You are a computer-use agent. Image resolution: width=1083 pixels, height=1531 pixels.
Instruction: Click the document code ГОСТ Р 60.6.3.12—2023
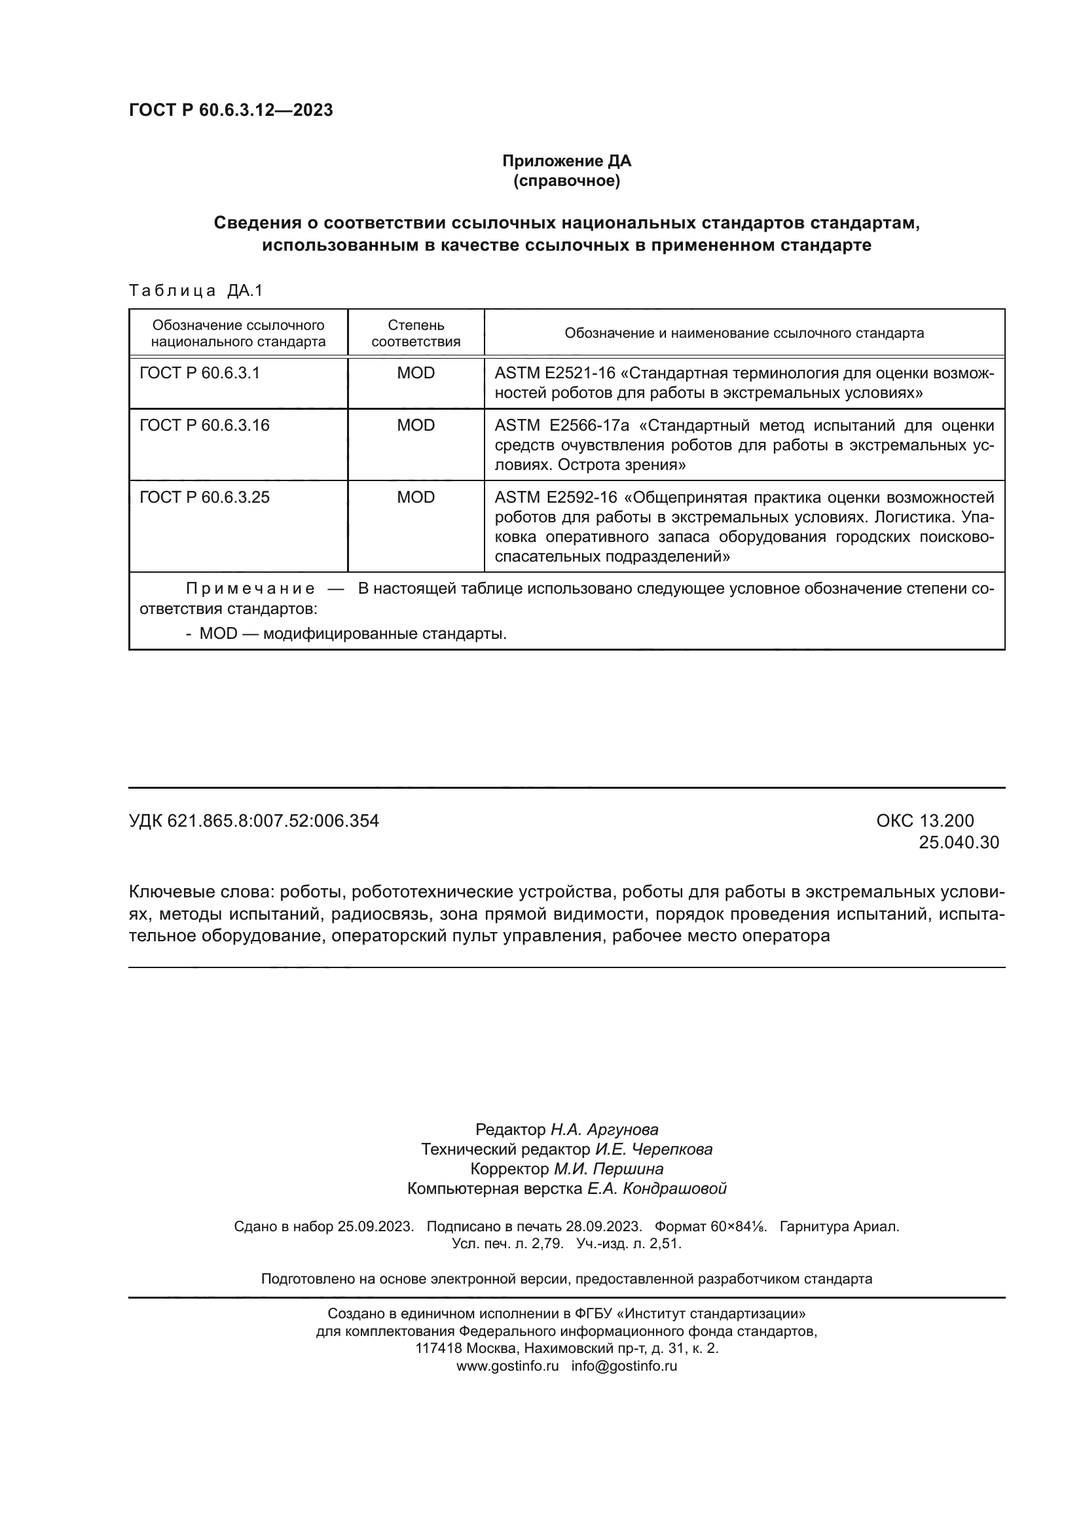pyautogui.click(x=230, y=110)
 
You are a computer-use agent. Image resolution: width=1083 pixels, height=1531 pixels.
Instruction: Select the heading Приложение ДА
pyautogui.click(x=566, y=161)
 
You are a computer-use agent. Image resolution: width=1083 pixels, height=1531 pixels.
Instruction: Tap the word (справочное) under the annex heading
pyautogui.click(x=566, y=181)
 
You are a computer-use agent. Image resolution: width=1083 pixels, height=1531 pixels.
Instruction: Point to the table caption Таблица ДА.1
pyautogui.click(x=196, y=290)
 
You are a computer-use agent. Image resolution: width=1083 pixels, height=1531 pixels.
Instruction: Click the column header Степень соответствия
pyautogui.click(x=416, y=333)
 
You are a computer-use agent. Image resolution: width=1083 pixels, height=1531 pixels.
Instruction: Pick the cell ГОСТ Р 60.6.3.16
pyautogui.click(x=204, y=425)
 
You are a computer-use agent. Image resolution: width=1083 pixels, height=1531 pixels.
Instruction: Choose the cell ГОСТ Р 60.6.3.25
pyautogui.click(x=204, y=497)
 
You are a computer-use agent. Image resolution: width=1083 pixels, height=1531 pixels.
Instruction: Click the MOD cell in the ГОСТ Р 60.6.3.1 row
pyautogui.click(x=416, y=372)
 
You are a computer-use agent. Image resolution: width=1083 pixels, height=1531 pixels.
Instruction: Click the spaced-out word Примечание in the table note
pyautogui.click(x=250, y=588)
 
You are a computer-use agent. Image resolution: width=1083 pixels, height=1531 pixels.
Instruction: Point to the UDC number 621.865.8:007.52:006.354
pyautogui.click(x=273, y=821)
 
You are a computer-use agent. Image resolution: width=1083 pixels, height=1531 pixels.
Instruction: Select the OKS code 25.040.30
pyautogui.click(x=959, y=842)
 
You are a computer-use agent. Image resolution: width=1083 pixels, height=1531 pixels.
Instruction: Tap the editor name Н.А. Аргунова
pyautogui.click(x=604, y=1130)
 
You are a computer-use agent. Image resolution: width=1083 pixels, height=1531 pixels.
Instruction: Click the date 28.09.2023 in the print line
pyautogui.click(x=603, y=1226)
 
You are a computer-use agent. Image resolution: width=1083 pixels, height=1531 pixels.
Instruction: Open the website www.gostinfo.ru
pyautogui.click(x=507, y=1365)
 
